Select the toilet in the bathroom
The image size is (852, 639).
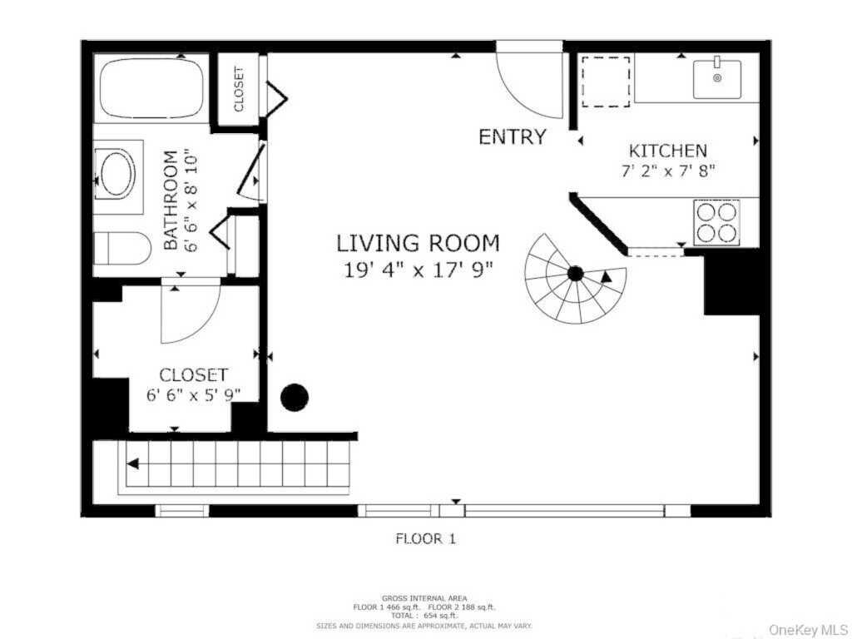coord(121,248)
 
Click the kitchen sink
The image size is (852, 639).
coord(717,79)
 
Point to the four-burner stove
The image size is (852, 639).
coord(716,222)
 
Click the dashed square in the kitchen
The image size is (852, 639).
coord(605,82)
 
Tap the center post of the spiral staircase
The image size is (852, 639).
coord(575,273)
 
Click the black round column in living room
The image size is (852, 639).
coord(295,398)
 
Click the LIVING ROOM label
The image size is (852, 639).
coord(418,244)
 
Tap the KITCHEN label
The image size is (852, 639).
coord(667,151)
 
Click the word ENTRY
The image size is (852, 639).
coord(513,137)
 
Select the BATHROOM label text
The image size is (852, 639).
coord(171,200)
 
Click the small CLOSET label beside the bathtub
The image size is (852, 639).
coord(239,89)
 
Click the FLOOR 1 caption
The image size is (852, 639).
coord(425,539)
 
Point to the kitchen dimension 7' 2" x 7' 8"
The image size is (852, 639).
coord(667,171)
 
